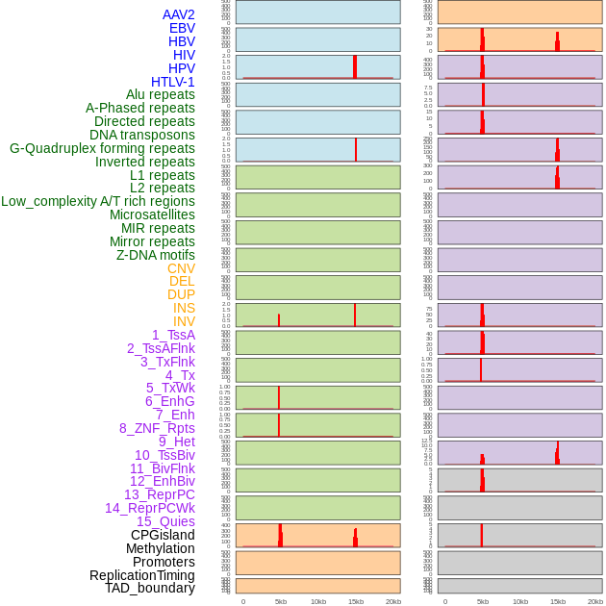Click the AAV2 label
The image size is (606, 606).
tap(178, 14)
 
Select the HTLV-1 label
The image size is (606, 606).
tap(172, 82)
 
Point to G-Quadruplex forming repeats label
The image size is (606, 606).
tap(102, 148)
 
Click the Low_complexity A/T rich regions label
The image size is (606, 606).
tap(98, 201)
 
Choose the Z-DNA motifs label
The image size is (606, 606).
tap(155, 255)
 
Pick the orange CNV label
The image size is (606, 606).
tap(181, 268)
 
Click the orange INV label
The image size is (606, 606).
tap(184, 321)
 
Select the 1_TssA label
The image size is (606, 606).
tap(173, 335)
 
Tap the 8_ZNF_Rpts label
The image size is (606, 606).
tap(157, 428)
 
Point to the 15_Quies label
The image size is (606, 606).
tap(165, 521)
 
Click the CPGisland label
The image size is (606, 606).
tap(163, 535)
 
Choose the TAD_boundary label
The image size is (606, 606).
tap(150, 588)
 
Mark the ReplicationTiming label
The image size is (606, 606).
tap(142, 575)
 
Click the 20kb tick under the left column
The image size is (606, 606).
tap(393, 601)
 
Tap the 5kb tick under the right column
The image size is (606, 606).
tap(483, 601)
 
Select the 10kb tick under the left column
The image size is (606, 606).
tap(318, 601)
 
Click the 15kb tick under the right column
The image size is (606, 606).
tap(558, 601)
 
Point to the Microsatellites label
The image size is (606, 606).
tap(152, 215)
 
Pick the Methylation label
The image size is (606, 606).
tap(160, 548)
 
